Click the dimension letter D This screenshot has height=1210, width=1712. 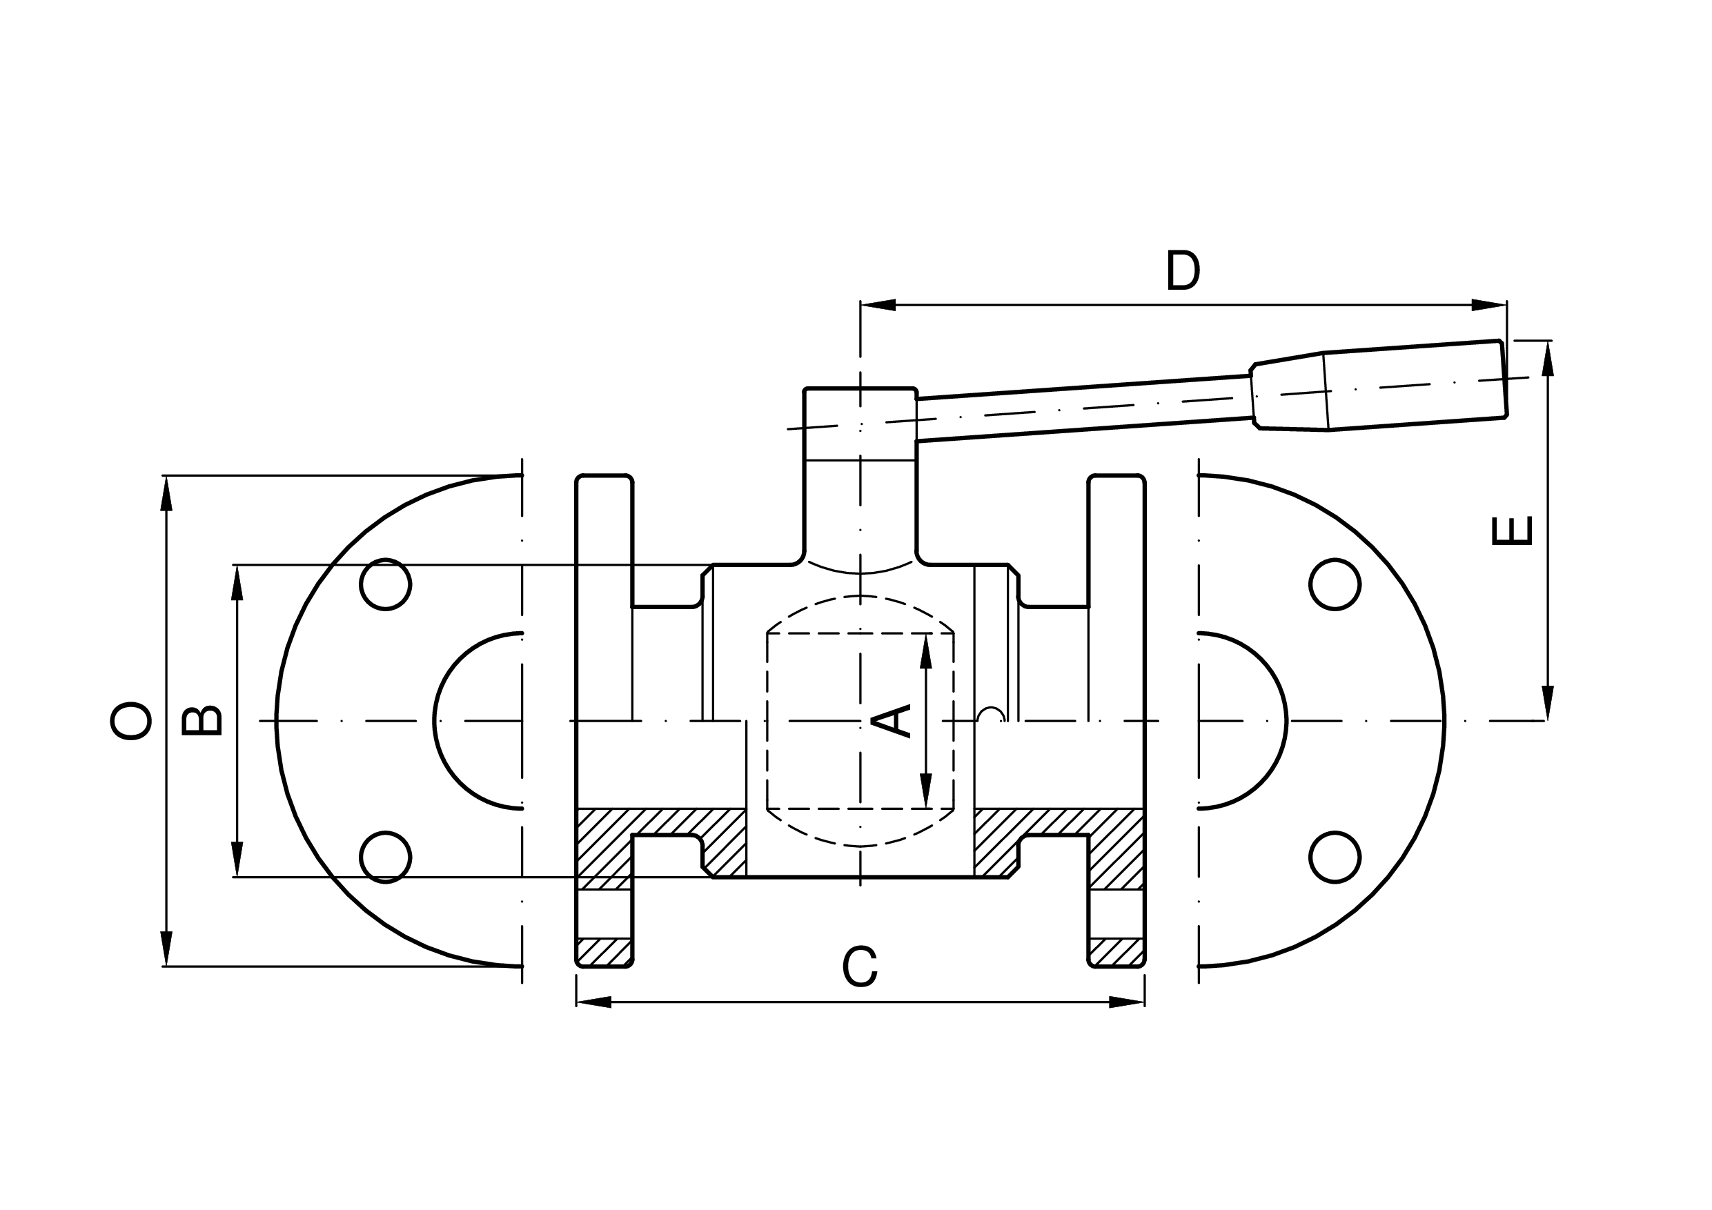(1183, 270)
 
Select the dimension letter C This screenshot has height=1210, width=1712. (860, 966)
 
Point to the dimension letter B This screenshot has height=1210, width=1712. (202, 721)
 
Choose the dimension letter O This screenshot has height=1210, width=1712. (130, 721)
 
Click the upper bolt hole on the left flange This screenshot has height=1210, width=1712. (386, 584)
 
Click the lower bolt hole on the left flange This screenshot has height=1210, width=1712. (386, 857)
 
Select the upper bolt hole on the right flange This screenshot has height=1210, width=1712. (1335, 584)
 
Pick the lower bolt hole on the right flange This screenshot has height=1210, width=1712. (1335, 857)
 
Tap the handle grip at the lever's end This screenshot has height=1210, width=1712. (1379, 386)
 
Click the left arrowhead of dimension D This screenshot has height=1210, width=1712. (878, 305)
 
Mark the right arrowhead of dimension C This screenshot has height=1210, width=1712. (1127, 1002)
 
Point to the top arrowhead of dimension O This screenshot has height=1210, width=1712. (166, 493)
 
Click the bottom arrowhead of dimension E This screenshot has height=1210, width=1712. (1548, 703)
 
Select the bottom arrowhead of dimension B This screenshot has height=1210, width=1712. (237, 860)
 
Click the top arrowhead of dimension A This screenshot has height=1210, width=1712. (926, 651)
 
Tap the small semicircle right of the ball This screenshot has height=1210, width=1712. (991, 713)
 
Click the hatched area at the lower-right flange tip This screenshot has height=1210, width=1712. (1116, 951)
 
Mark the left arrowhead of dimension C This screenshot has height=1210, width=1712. (594, 1002)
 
